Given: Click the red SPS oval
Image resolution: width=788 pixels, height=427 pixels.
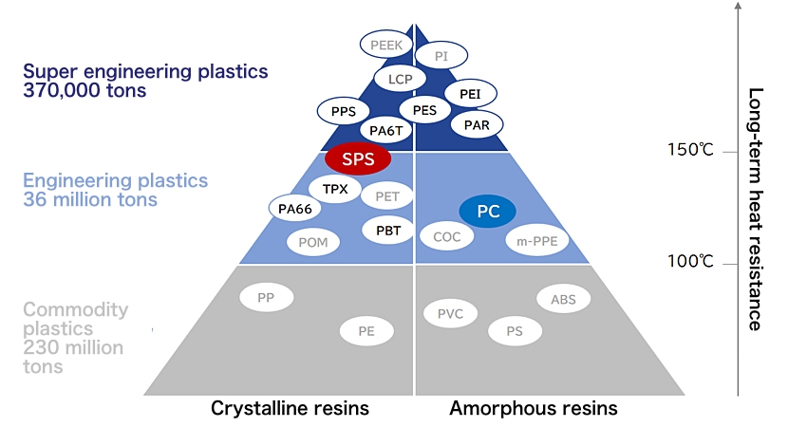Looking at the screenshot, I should pyautogui.click(x=357, y=159).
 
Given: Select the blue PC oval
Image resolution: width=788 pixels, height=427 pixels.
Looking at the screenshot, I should pyautogui.click(x=487, y=212).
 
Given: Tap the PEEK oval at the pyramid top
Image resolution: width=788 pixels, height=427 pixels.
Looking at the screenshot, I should pyautogui.click(x=385, y=45).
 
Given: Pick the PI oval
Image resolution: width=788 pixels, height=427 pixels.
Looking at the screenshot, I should pyautogui.click(x=441, y=57).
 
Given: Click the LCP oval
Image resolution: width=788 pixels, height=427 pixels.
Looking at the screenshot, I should pyautogui.click(x=400, y=79).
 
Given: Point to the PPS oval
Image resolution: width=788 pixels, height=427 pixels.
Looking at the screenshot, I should pyautogui.click(x=343, y=111).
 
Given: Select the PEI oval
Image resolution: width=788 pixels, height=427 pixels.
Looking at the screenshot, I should pyautogui.click(x=469, y=94).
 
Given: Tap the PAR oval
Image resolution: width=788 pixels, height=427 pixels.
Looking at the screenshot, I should pyautogui.click(x=477, y=124).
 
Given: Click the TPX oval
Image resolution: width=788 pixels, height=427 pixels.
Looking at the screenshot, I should pyautogui.click(x=335, y=189).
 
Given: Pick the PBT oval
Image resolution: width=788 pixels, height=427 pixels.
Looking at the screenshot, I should pyautogui.click(x=387, y=230).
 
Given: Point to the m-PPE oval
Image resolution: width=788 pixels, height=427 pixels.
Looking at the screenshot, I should pyautogui.click(x=536, y=240).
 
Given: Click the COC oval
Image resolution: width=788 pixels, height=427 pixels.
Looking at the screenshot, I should pyautogui.click(x=446, y=237).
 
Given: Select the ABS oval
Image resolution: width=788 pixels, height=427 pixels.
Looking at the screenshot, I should pyautogui.click(x=563, y=300).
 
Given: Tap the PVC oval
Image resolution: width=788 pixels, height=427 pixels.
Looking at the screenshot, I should pyautogui.click(x=450, y=313).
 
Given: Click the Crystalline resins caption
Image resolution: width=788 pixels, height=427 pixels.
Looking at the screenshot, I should pyautogui.click(x=290, y=409).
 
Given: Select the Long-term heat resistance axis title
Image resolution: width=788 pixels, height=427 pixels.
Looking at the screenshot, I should pyautogui.click(x=755, y=209).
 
